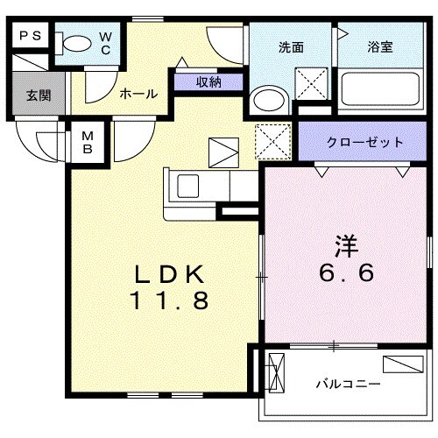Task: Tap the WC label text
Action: pos(105,43)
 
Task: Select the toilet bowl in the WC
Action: pos(77,43)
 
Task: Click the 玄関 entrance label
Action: pos(36,95)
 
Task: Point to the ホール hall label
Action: pos(138,94)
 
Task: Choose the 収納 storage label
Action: pos(208,82)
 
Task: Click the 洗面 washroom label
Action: pos(292,47)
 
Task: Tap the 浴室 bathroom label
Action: pos(379,47)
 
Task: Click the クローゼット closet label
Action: pos(365,142)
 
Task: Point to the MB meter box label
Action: pos(88,143)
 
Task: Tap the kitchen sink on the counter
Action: pos(189,186)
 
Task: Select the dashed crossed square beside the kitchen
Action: pos(272,140)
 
